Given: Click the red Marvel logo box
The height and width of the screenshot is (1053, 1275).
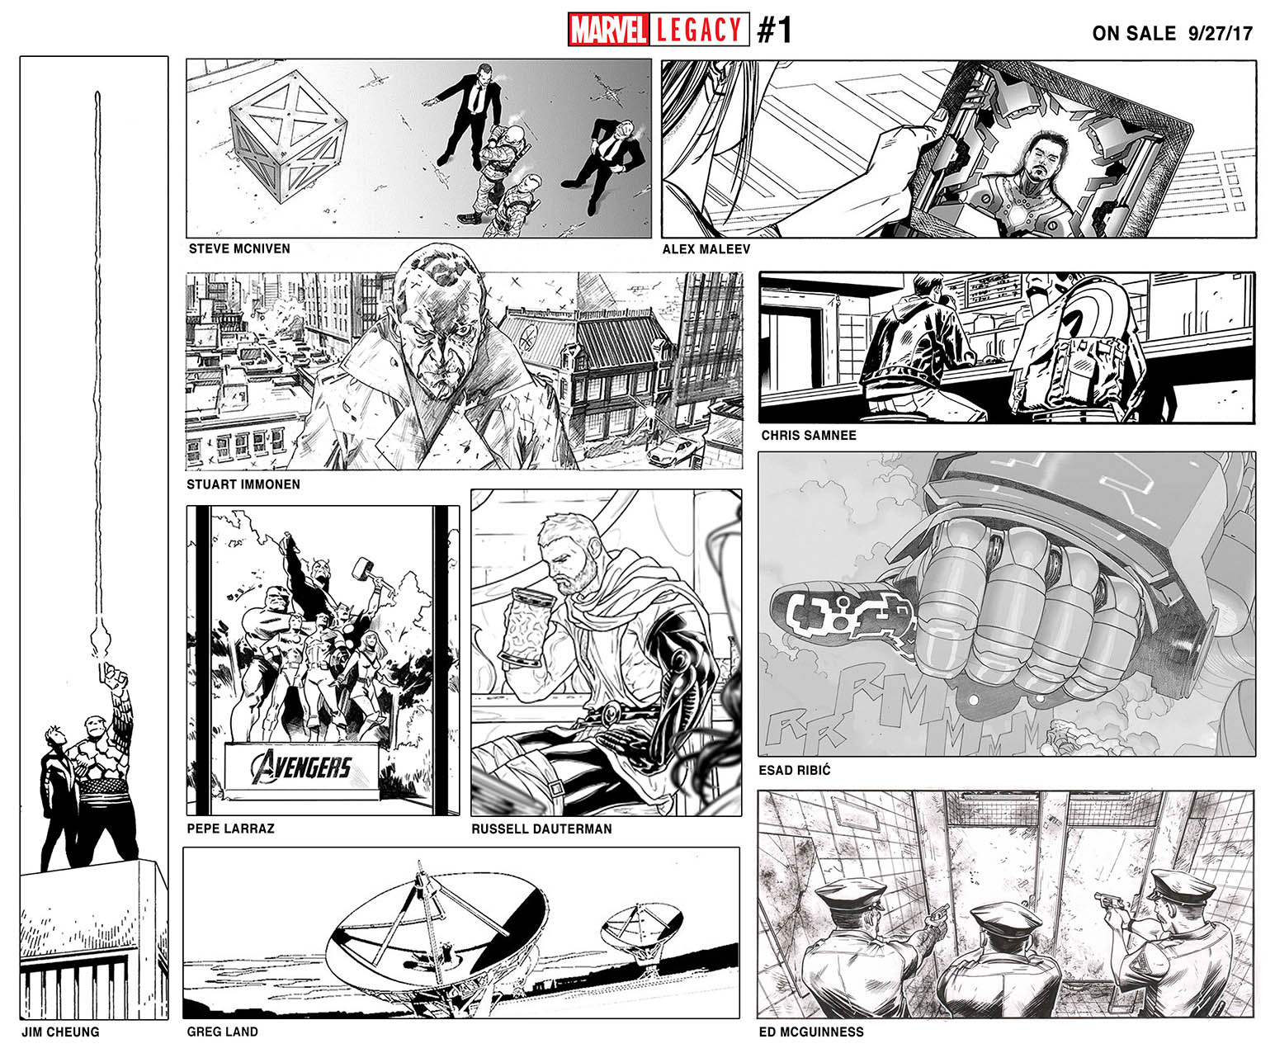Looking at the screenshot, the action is coord(607,30).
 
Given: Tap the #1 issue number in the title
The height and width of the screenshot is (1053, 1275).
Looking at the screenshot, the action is coord(774,30).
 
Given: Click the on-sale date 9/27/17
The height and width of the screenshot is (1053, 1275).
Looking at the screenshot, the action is coord(1220,33).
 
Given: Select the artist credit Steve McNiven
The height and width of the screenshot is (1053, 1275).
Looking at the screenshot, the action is coord(239,248).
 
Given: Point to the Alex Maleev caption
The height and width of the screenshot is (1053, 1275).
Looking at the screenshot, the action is coord(706,249).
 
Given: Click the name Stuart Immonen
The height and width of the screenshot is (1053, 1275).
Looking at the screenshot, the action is coord(243,484).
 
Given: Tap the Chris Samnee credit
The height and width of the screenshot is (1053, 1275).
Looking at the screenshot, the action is coord(809,436).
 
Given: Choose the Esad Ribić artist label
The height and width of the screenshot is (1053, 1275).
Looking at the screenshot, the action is coord(795,770).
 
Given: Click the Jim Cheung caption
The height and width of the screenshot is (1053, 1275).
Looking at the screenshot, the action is coord(60,1032).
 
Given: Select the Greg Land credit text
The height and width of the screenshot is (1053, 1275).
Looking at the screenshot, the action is coord(222,1032).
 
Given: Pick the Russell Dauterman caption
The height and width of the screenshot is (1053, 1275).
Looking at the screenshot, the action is coord(541,829).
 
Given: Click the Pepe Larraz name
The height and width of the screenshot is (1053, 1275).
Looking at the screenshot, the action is coord(230,829).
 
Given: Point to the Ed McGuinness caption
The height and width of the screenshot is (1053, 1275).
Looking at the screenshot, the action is coord(811,1032).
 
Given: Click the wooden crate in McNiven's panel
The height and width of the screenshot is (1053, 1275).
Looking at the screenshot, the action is coord(288,135).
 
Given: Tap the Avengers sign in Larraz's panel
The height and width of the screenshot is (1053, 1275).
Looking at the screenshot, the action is coord(302,770).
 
